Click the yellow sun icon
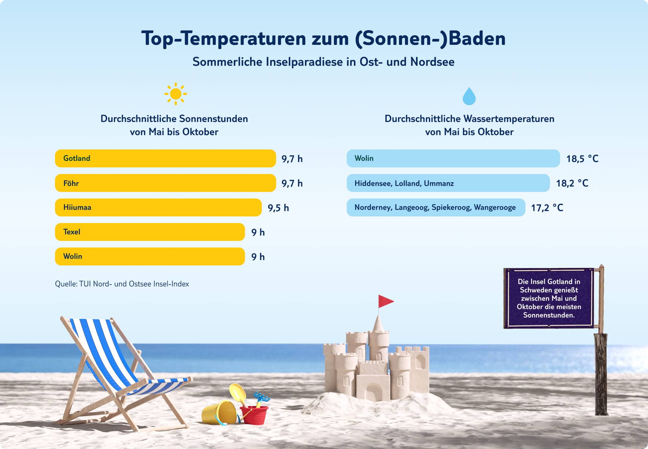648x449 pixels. click(x=175, y=94)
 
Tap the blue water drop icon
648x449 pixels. click(x=469, y=97)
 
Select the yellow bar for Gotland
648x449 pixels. click(x=165, y=158)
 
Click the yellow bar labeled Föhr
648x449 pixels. click(x=165, y=183)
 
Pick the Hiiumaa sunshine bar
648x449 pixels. click(x=158, y=207)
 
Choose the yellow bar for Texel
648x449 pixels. click(x=150, y=232)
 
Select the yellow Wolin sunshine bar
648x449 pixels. click(x=150, y=256)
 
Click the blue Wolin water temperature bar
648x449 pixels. click(x=453, y=158)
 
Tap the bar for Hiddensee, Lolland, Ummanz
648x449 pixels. click(x=448, y=183)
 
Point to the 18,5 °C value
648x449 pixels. click(x=582, y=159)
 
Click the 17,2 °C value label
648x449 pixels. click(x=547, y=208)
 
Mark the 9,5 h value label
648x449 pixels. click(x=278, y=208)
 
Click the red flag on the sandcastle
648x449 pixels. click(x=385, y=301)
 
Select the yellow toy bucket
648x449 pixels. click(x=219, y=413)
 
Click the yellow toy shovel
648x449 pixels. click(x=238, y=391)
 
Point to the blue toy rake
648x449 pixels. click(x=262, y=398)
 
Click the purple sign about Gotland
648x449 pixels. click(x=549, y=298)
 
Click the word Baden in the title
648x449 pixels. click(x=477, y=39)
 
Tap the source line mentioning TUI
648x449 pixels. click(x=122, y=284)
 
